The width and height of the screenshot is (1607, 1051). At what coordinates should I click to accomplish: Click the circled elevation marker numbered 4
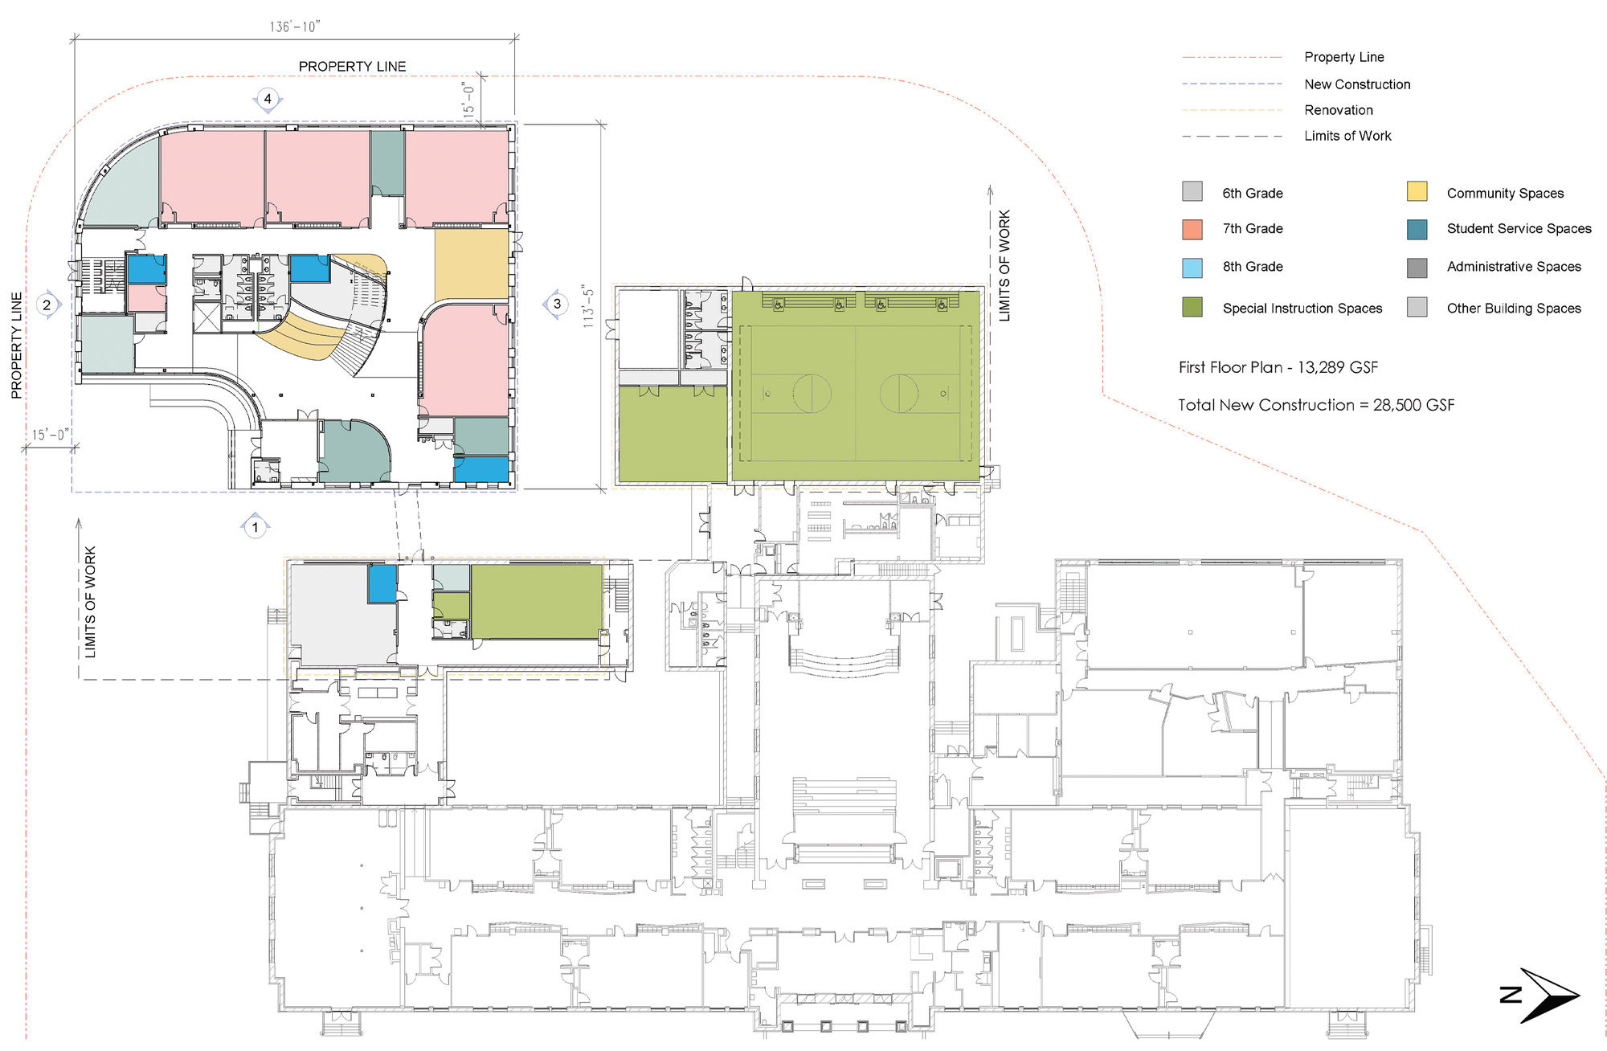point(268,99)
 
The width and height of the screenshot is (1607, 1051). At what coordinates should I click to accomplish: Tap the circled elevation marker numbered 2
point(47,305)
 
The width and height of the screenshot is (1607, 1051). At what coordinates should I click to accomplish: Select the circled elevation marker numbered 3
point(557,304)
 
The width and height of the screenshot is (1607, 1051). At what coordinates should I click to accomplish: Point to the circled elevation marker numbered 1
point(256,527)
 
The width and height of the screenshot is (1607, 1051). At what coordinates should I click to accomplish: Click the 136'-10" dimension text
point(295,27)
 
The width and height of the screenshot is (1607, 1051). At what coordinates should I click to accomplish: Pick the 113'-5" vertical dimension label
point(589,306)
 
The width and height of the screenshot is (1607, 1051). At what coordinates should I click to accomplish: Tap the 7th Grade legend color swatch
point(1192,229)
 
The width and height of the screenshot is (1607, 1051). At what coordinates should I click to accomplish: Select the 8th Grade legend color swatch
point(1192,268)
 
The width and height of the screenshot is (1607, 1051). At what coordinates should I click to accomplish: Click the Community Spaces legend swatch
point(1417,191)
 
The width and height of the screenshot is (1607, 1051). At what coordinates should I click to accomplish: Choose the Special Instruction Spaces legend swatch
point(1192,307)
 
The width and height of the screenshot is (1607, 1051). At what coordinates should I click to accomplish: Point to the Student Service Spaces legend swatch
point(1417,229)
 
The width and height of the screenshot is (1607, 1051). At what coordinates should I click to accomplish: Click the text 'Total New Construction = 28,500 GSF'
point(1315,405)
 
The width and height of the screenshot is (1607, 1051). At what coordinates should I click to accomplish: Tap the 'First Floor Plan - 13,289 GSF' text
point(1278,367)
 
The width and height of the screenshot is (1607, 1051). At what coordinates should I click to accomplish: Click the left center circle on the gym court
point(812,394)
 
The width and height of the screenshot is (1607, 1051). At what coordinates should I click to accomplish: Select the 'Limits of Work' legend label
point(1347,136)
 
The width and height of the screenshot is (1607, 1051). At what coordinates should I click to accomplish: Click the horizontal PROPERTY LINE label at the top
point(352,66)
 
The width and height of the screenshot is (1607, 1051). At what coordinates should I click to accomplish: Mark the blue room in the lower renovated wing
point(382,583)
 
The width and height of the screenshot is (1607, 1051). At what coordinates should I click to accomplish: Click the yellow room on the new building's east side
point(472,264)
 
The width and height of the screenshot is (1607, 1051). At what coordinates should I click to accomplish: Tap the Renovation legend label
point(1338,110)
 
